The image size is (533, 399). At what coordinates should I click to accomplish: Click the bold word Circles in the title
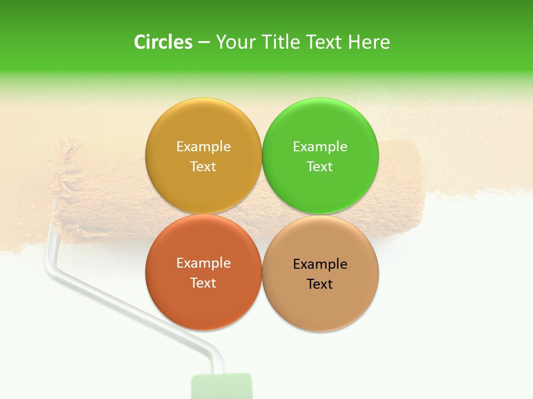[x=163, y=42]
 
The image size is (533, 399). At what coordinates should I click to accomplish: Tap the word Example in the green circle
[x=320, y=146]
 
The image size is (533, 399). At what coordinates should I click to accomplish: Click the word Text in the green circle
[x=320, y=166]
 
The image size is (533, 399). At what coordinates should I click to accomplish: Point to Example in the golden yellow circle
[x=203, y=146]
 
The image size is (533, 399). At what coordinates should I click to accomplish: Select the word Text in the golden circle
[x=203, y=166]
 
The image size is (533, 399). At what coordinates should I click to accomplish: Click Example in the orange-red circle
[x=203, y=263]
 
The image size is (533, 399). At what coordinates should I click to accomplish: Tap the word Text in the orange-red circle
[x=203, y=283]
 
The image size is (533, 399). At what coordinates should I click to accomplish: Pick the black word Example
[x=320, y=264]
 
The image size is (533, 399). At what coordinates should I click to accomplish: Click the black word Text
[x=320, y=284]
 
